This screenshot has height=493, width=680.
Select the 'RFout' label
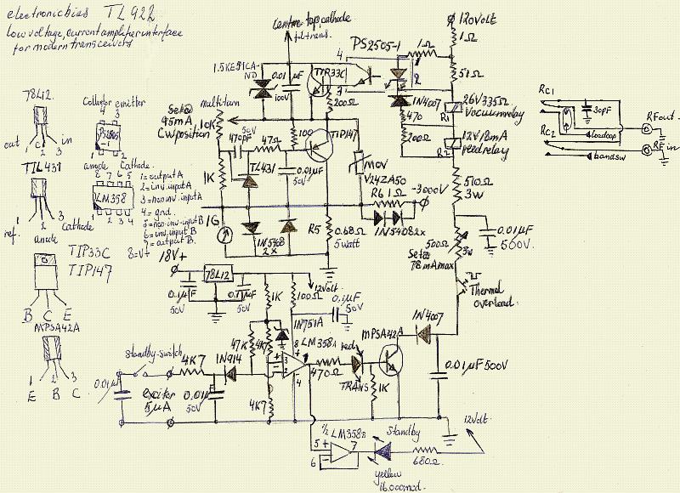(659, 114)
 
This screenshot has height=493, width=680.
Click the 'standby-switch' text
(151, 354)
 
